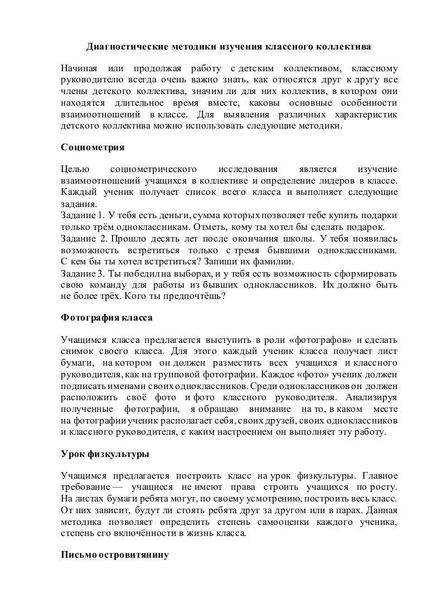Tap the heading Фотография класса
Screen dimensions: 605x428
pos(106,318)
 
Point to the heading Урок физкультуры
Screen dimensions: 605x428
pos(105,454)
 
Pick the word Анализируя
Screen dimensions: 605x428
pos(372,397)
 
